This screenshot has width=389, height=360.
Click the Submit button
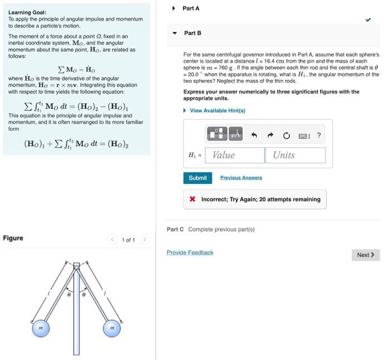[x=197, y=178]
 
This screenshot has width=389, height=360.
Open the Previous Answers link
[x=241, y=178]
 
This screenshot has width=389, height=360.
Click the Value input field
[x=234, y=155]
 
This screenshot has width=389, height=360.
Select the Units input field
[x=295, y=155]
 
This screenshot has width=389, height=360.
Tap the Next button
[x=365, y=255]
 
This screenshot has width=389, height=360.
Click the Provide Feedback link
[x=190, y=253]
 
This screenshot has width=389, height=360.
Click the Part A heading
[x=191, y=8]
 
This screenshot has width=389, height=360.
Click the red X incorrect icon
[x=192, y=199]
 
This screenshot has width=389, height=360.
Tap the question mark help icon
[x=318, y=135]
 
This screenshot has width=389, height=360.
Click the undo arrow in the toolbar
[x=255, y=135]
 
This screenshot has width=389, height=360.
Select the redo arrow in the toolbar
[x=271, y=135]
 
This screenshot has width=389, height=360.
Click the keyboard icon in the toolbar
[x=303, y=135]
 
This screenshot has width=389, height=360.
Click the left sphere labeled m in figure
[x=40, y=329]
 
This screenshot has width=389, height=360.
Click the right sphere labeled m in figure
[x=111, y=329]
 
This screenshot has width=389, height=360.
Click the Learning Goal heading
[x=27, y=12]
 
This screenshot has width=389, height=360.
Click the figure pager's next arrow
[x=144, y=239]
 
